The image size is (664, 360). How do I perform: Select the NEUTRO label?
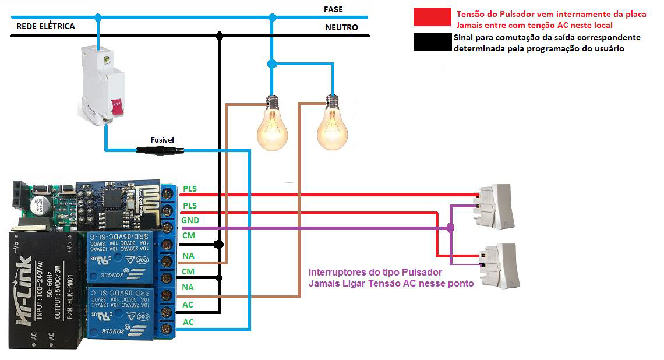pyautogui.click(x=341, y=27)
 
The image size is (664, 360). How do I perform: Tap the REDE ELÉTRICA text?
pyautogui.click(x=45, y=27)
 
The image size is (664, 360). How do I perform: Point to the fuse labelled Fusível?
pyautogui.click(x=160, y=150)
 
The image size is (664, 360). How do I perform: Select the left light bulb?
pyautogui.click(x=272, y=125)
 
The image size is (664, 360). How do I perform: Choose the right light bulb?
pyautogui.click(x=332, y=125)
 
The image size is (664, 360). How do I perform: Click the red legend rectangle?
pyautogui.click(x=432, y=17)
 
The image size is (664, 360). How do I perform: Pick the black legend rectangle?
pyautogui.click(x=432, y=42)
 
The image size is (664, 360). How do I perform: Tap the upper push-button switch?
pyautogui.click(x=495, y=206)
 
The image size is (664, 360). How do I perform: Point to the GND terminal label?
pyautogui.click(x=190, y=221)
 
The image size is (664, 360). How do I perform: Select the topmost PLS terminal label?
pyautogui.click(x=190, y=189)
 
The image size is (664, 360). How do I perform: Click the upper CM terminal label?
pyautogui.click(x=189, y=236)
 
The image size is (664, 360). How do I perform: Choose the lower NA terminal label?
pyautogui.click(x=189, y=287)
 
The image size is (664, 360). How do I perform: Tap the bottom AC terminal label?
pyautogui.click(x=189, y=322)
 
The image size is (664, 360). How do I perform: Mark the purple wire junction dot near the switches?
pyautogui.click(x=450, y=228)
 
